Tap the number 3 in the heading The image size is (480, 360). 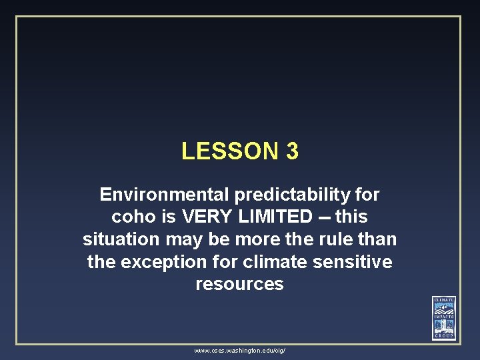click(292, 151)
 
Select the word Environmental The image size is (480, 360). click(164, 195)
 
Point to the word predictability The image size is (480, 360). click(293, 195)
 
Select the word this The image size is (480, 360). click(351, 217)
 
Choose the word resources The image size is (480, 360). click(239, 284)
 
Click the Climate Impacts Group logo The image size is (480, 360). click(444, 317)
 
